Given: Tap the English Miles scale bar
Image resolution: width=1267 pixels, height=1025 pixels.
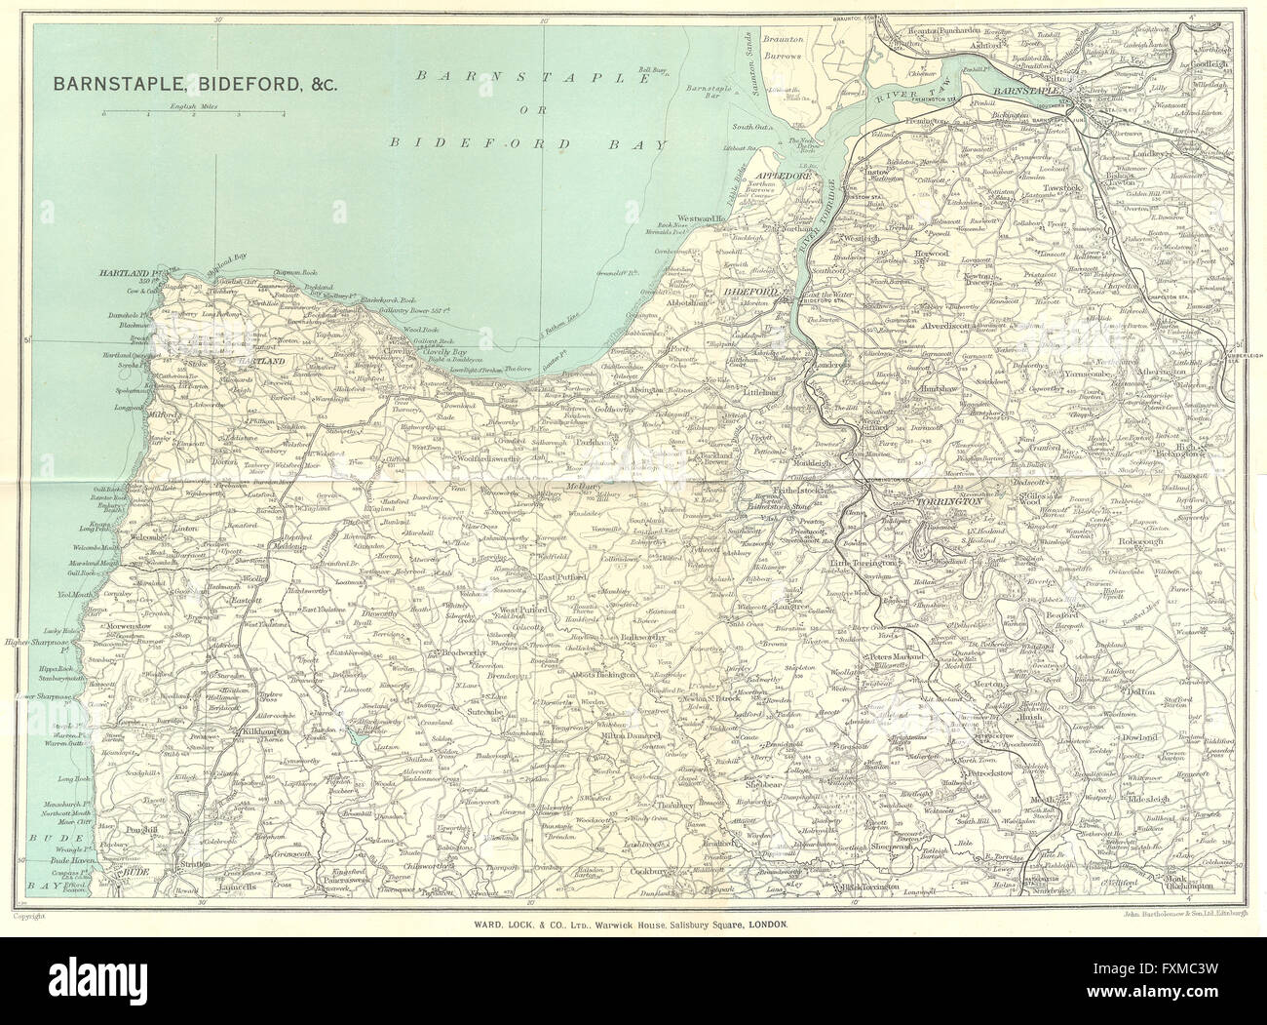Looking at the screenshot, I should (192, 114).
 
